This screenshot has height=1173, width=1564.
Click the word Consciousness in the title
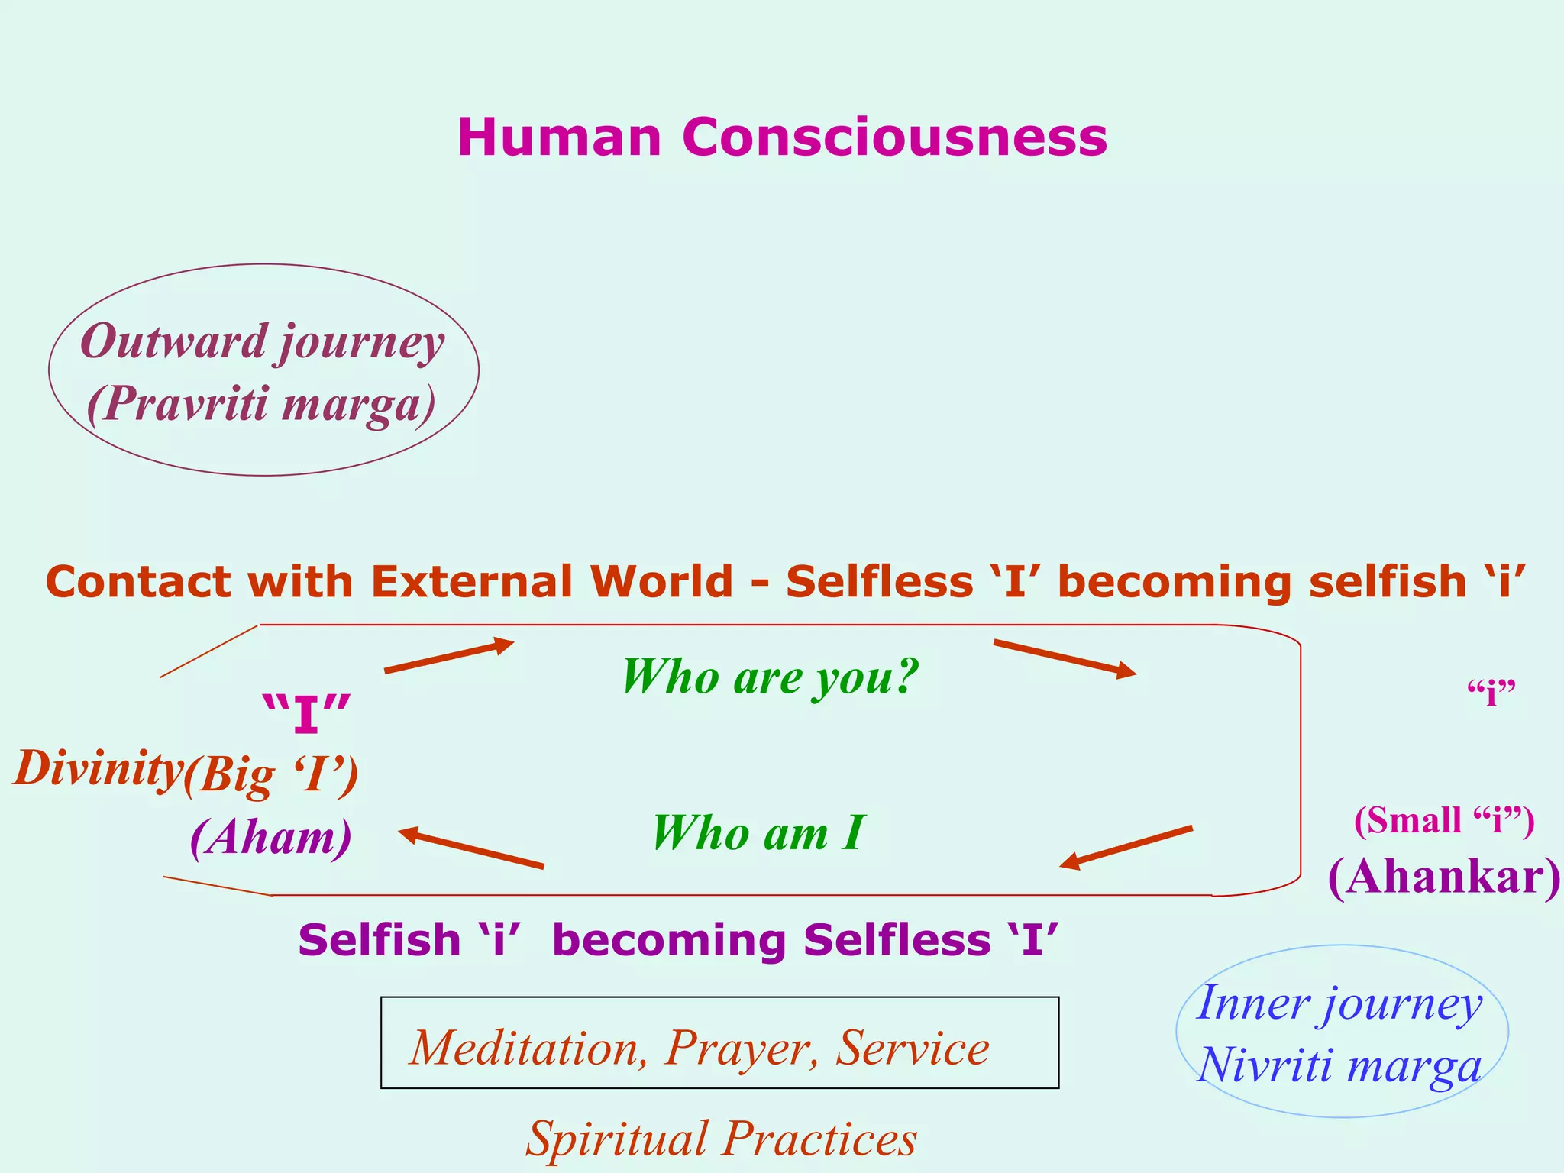point(894,137)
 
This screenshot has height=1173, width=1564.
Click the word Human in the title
point(559,137)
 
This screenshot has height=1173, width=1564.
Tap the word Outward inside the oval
point(173,341)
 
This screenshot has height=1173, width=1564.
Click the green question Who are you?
point(770,677)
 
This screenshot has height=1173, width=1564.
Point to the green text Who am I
point(758,832)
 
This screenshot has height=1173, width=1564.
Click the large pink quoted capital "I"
point(306,713)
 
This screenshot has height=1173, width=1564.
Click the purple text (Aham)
point(271,838)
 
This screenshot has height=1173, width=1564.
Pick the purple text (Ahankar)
point(1444,877)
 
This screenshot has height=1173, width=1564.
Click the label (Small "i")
point(1443,821)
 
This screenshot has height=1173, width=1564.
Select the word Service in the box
point(912,1048)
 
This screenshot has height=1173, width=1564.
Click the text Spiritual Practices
point(721,1139)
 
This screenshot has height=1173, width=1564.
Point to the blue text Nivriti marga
point(1339,1065)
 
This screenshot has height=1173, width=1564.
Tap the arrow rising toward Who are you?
point(449,657)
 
